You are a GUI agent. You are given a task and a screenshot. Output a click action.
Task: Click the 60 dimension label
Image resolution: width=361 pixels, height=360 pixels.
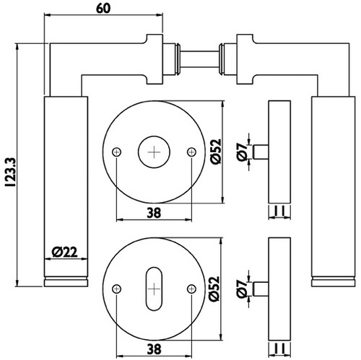(x=103, y=9)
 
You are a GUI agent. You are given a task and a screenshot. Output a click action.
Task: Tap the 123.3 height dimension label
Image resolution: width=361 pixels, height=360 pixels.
(x=11, y=172)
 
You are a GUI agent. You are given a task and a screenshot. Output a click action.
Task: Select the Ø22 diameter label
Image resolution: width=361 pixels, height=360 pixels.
(x=65, y=253)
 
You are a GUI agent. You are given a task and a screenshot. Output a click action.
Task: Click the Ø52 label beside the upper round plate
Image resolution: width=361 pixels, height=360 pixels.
(x=215, y=152)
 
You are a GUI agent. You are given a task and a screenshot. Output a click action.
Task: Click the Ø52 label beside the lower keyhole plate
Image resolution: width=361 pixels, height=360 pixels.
(x=214, y=289)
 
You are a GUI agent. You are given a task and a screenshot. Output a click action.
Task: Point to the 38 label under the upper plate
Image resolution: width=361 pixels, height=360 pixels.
(x=154, y=213)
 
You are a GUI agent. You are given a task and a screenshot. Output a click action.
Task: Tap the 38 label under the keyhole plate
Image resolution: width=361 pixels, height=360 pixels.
(x=154, y=349)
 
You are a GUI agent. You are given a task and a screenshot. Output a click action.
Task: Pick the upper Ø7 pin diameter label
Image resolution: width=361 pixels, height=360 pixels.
(x=242, y=152)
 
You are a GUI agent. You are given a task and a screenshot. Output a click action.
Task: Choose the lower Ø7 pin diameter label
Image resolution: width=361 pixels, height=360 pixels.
(x=242, y=289)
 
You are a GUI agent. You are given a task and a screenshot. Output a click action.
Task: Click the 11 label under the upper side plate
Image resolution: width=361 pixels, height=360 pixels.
(x=279, y=211)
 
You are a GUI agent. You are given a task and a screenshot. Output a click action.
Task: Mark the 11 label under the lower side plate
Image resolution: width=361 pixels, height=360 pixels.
(x=279, y=348)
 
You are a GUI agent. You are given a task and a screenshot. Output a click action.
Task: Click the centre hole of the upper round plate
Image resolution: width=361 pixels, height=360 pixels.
(x=154, y=152)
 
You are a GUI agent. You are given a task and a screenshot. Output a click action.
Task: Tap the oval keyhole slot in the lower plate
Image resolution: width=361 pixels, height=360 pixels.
(x=154, y=289)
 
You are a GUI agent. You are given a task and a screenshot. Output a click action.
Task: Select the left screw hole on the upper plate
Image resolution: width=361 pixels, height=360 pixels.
(x=117, y=152)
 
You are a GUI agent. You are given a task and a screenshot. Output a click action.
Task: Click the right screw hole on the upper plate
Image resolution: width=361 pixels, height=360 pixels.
(x=191, y=152)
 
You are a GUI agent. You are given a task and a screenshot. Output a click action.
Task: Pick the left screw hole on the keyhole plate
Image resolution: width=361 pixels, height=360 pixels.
(x=117, y=289)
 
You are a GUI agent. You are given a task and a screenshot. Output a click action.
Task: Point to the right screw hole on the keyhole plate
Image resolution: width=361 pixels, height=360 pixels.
(x=191, y=289)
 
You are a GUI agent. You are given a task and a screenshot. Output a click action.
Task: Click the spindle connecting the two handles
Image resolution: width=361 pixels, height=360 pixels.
(x=199, y=59)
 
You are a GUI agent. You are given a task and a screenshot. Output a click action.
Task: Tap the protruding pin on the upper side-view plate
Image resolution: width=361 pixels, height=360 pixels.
(x=261, y=152)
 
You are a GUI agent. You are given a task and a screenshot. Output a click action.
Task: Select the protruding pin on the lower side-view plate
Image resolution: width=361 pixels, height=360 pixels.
(x=261, y=289)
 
